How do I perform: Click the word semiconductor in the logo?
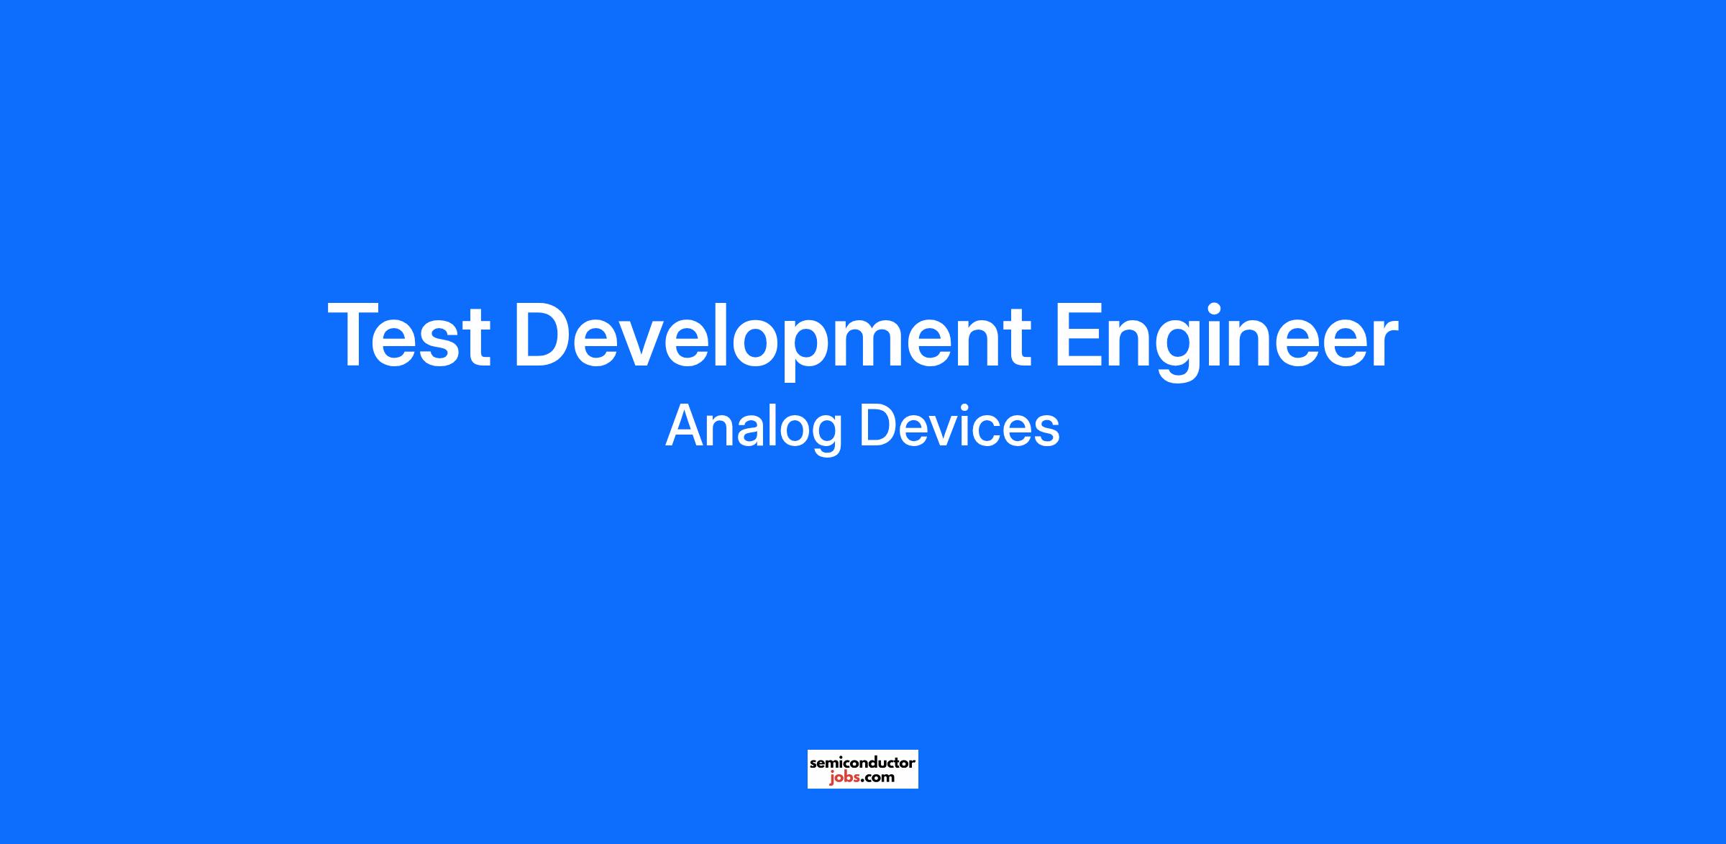(x=862, y=763)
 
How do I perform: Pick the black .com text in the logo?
(x=877, y=778)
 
